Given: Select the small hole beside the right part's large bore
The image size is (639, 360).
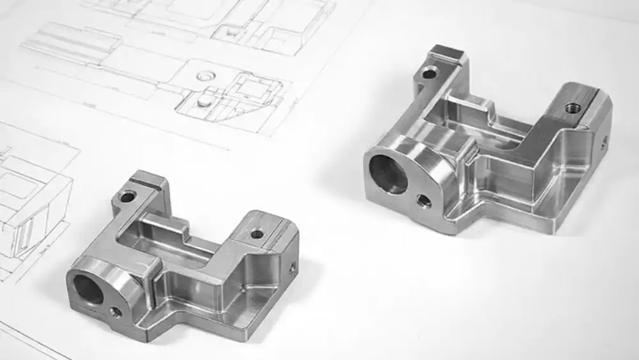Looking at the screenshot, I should [x=423, y=202].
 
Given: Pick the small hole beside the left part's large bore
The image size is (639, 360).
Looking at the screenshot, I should [x=116, y=311].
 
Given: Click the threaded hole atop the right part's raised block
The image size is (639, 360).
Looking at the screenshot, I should [x=573, y=109].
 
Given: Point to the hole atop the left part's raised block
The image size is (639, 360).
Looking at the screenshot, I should [x=257, y=234].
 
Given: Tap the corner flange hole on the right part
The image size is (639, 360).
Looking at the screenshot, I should [x=430, y=73].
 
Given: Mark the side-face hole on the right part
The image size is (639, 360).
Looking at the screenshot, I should [x=603, y=144].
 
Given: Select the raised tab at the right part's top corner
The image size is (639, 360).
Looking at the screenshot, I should [x=449, y=54].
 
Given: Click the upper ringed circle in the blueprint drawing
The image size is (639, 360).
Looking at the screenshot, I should [x=204, y=76].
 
